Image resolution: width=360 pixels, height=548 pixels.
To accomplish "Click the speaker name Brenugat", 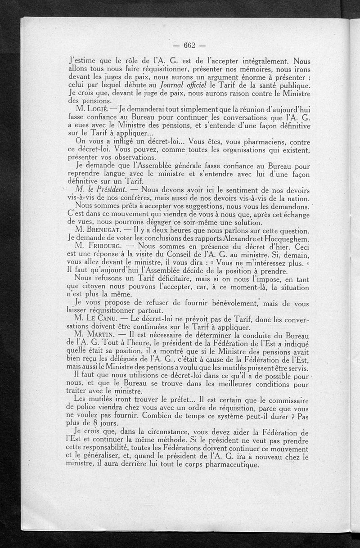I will pos(101,229).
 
